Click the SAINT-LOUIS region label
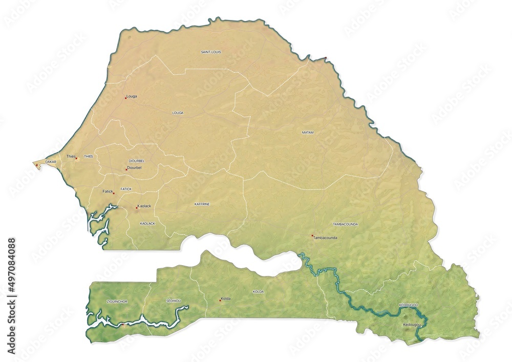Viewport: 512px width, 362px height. pos(211,52)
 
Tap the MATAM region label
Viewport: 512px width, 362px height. pos(308,133)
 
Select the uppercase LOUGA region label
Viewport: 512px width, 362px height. pos(178,113)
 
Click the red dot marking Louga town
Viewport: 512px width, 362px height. pos(125,97)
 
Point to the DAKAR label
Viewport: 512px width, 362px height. pos(51,162)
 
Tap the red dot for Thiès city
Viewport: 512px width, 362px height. pos(76,158)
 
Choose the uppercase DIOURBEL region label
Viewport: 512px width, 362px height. pos(137,161)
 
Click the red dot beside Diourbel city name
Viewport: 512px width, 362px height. pos(126,169)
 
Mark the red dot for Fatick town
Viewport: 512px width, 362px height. pos(114,193)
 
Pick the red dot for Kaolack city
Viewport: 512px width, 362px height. pos(136,207)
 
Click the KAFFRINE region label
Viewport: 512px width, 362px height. pos(202,204)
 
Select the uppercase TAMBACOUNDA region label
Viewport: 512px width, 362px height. pos(345,224)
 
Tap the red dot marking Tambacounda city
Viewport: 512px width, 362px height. pos(312,236)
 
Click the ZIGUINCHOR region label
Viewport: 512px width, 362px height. pos(116,302)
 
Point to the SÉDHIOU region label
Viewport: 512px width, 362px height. pos(174,301)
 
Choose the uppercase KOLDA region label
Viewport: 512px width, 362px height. pos(258,291)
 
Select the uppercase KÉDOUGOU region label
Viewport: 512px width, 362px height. pos(409,305)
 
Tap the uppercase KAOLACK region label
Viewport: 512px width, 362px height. pos(147,224)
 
